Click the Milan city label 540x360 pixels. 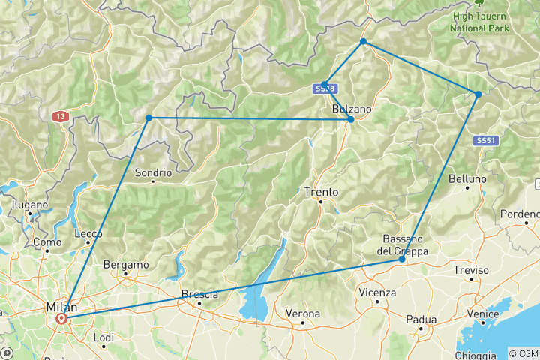point(61,307)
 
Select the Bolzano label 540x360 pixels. point(352,109)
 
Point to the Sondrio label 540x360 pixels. point(153,172)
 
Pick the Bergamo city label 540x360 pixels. point(125,265)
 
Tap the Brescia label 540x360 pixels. point(199,294)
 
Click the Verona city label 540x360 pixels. point(303,313)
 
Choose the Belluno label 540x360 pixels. point(467,179)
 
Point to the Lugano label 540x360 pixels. point(30,204)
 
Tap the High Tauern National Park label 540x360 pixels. point(479,22)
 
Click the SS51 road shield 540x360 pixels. point(485,140)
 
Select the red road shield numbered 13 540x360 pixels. point(59,117)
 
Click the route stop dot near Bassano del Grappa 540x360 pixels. point(402,259)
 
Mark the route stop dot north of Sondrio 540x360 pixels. point(148,118)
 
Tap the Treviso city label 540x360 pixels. point(470,270)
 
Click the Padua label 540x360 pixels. point(421,319)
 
